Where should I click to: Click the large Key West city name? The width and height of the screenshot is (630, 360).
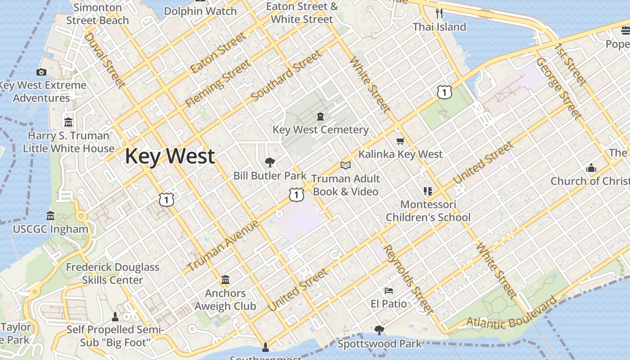click(170, 156)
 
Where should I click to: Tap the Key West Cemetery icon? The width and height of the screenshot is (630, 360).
click(320, 117)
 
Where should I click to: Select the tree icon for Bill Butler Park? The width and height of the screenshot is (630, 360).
click(270, 162)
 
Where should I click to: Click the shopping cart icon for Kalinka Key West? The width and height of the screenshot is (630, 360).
click(400, 141)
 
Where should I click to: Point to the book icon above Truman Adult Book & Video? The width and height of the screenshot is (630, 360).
click(345, 166)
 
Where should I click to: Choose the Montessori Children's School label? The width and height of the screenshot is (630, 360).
click(428, 211)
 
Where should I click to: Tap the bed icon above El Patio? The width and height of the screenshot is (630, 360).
click(389, 291)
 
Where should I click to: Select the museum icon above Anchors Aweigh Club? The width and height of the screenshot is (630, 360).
click(225, 280)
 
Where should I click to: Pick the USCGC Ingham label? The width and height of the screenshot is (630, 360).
click(50, 229)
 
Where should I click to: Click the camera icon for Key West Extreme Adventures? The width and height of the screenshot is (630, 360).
click(41, 72)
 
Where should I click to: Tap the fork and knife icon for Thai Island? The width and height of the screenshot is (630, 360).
click(439, 13)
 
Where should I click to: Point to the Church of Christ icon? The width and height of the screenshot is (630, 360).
click(591, 168)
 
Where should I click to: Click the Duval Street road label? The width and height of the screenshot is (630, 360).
click(104, 59)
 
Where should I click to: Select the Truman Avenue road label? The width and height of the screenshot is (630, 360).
click(223, 246)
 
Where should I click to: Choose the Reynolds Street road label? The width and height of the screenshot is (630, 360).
click(408, 279)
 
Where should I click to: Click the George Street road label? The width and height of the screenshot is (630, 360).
click(558, 88)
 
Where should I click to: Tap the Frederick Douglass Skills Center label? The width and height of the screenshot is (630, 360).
click(112, 273)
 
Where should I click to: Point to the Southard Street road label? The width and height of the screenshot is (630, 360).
click(287, 76)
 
